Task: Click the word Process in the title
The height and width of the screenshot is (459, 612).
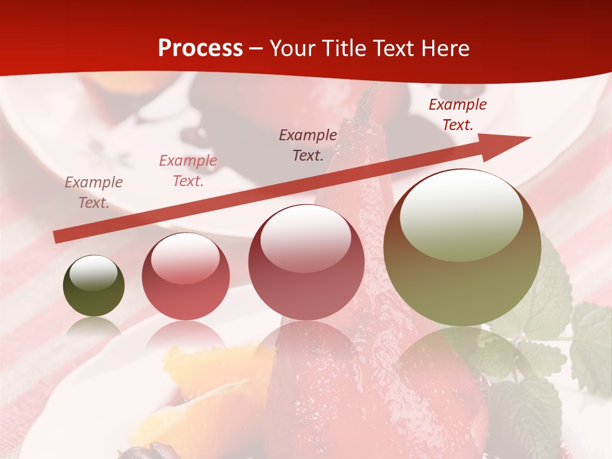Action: point(200,48)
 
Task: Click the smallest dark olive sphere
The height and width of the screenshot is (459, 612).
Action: point(94,286)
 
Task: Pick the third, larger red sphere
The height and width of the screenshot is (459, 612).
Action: point(306,262)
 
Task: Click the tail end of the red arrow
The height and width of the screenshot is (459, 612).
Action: point(57,237)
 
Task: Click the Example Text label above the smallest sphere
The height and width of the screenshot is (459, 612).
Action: point(93,193)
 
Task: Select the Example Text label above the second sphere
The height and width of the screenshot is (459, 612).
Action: point(187,171)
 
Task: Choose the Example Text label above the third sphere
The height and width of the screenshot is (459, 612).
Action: point(308,145)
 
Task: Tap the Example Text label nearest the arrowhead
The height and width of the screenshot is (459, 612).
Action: point(457,115)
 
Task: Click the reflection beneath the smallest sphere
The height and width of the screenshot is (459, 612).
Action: point(94,328)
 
